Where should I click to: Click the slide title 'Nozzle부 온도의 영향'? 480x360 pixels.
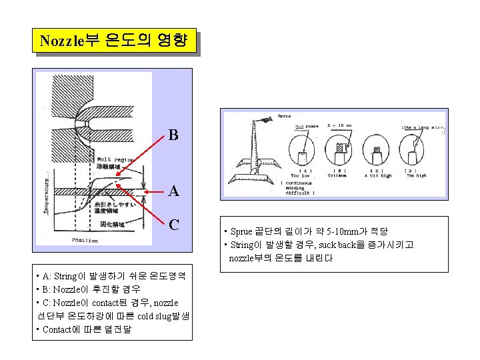pos(117,41)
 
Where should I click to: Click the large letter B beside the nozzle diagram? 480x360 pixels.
pos(173,136)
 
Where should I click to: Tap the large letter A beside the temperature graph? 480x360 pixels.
pos(173,191)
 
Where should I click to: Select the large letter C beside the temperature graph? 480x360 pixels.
pos(173,224)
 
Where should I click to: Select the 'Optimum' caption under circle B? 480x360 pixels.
pos(340,176)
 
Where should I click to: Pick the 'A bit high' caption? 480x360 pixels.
pos(378,176)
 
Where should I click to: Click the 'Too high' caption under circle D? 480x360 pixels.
pos(416,176)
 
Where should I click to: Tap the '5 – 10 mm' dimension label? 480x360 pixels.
pos(340,125)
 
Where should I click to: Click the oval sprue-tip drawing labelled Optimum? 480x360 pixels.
pos(340,151)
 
